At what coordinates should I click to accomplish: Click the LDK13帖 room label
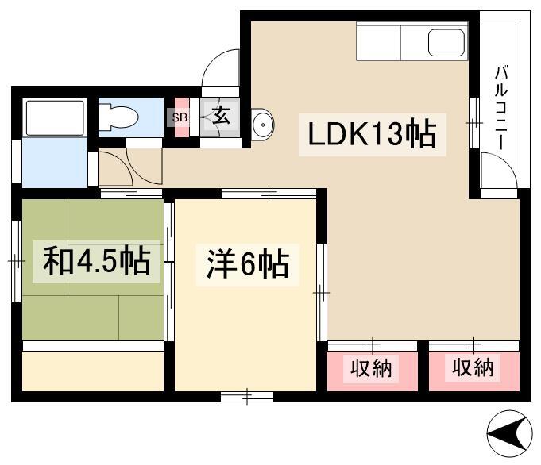[x=372, y=133]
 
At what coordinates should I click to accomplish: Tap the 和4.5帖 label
[x=97, y=260]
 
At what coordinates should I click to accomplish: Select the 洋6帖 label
[x=248, y=263]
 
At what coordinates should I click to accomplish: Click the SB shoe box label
[x=180, y=117]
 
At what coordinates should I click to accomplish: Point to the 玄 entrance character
[x=221, y=115]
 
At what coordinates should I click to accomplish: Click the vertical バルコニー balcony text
[x=500, y=108]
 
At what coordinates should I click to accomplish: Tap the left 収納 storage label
[x=371, y=368]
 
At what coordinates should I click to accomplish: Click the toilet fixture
[x=118, y=117]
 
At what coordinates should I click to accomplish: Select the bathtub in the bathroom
[x=55, y=118]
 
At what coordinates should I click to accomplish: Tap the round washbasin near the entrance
[x=263, y=124]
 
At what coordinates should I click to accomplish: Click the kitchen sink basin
[x=446, y=42]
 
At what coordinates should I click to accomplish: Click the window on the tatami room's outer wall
[x=17, y=261]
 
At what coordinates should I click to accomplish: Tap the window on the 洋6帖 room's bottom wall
[x=247, y=397]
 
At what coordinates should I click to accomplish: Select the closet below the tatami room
[x=93, y=371]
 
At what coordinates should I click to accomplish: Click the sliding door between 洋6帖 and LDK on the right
[x=322, y=293]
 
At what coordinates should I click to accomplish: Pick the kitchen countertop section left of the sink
[x=378, y=42]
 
